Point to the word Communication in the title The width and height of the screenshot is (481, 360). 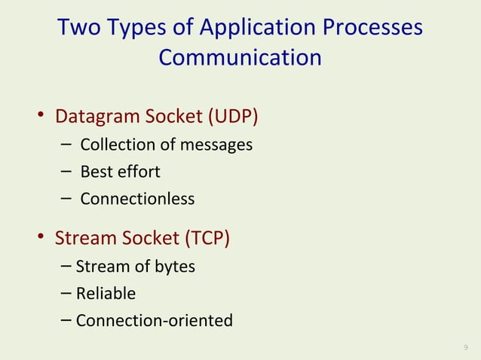click(x=240, y=58)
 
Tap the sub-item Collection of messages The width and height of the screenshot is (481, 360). click(x=166, y=145)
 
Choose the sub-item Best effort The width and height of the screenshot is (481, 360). click(x=120, y=172)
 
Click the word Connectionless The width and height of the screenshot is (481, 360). click(x=137, y=199)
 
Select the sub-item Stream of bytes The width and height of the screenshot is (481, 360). click(x=135, y=266)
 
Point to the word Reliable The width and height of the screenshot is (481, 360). click(x=106, y=293)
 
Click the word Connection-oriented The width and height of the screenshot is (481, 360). click(x=154, y=321)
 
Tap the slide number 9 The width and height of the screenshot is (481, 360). click(x=465, y=347)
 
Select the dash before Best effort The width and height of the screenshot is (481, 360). click(x=66, y=172)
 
